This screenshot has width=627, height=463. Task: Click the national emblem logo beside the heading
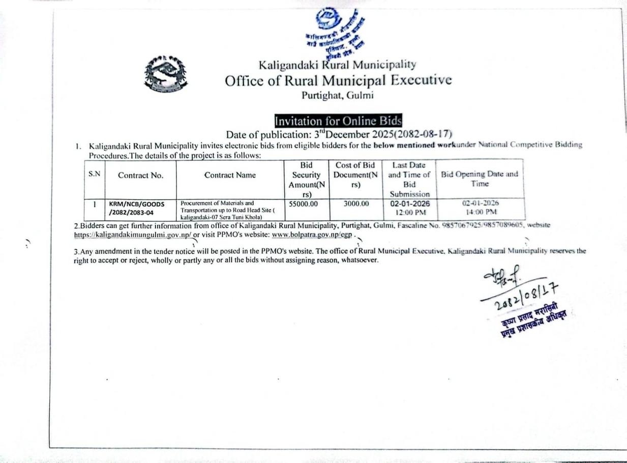[x=166, y=74]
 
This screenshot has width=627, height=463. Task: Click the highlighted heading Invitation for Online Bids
[x=338, y=121]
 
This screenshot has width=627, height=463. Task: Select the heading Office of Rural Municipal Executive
[x=338, y=80]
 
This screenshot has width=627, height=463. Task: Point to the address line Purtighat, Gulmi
[x=337, y=95]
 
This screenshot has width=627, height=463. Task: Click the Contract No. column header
[x=140, y=176]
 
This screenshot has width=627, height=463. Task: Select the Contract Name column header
[x=230, y=175]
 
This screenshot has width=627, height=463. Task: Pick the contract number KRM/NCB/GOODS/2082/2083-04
[x=137, y=208]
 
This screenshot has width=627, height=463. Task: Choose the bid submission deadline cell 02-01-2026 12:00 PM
[x=410, y=208]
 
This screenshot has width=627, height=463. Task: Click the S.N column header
[x=94, y=174]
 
